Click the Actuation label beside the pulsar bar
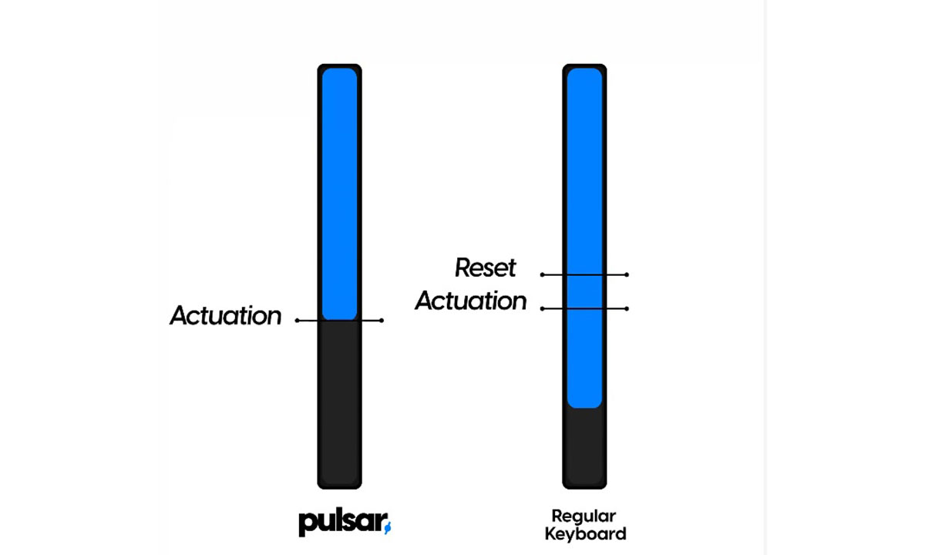[x=226, y=316]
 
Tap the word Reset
[x=486, y=268]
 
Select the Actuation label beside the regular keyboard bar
[x=471, y=301]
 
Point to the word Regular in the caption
[x=584, y=516]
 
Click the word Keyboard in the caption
[x=585, y=533]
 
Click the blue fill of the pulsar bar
[x=339, y=193]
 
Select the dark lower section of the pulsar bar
[x=339, y=401]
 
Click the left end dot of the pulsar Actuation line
[x=298, y=321]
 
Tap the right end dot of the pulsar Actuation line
[x=382, y=321]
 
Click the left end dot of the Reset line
[x=543, y=274]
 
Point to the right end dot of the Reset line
[x=627, y=274]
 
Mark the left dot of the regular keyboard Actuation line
[x=543, y=308]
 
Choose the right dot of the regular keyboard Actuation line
[x=627, y=308]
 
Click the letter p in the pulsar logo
[x=306, y=524]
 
